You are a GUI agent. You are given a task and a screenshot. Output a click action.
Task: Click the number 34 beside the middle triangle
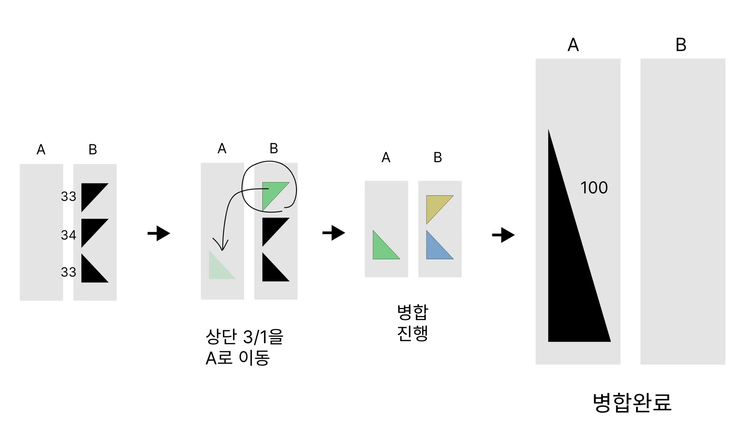point(68,235)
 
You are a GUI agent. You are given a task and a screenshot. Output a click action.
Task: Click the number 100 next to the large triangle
point(594,188)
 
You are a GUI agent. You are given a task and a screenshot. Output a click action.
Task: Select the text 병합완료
point(632,403)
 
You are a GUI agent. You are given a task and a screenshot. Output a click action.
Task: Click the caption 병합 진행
point(412,322)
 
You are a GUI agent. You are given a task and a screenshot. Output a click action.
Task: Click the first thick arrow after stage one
point(159,233)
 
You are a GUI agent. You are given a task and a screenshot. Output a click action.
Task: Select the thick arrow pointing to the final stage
point(503,235)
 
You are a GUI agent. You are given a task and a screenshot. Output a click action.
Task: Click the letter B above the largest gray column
point(681,45)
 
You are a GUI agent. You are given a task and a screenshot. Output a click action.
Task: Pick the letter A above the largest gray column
point(573,45)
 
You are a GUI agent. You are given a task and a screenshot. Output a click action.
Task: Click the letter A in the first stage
point(41,149)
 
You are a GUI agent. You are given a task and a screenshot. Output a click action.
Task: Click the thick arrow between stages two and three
point(334,233)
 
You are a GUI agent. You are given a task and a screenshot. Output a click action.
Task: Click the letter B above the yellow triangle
point(437,157)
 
